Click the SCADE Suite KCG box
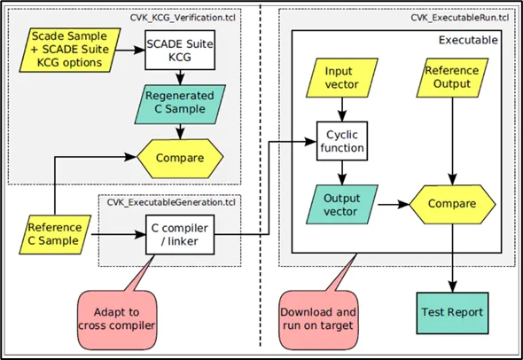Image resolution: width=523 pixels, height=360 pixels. point(180,50)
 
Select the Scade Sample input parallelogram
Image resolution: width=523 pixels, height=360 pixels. point(70,50)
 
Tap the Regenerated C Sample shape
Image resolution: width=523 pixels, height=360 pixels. point(180,104)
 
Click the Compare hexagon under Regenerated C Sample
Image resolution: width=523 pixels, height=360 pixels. point(180,158)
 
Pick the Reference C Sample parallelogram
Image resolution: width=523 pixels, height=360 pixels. point(55,235)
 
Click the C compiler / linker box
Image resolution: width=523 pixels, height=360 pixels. point(180,235)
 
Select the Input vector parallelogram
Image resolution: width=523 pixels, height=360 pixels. point(341,78)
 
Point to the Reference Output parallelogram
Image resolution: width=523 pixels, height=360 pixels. point(452,78)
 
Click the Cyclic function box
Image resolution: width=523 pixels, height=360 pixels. point(342,141)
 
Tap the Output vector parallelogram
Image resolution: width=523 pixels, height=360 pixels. point(341,204)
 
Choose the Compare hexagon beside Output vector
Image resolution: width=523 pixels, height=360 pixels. point(452,204)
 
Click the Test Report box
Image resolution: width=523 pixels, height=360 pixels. point(452,313)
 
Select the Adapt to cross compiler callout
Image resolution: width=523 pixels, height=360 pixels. point(117,319)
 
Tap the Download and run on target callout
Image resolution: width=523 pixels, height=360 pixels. point(318,319)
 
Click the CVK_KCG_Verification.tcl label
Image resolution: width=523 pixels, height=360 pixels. point(183,18)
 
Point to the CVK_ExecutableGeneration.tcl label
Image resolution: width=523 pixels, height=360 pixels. point(171,202)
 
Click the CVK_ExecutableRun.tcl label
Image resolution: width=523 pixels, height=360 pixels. point(460,18)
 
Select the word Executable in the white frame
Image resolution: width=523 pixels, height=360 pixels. point(468,40)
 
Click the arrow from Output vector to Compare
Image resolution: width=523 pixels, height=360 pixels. point(394,204)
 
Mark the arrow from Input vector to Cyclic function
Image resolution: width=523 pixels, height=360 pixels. point(342,109)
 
